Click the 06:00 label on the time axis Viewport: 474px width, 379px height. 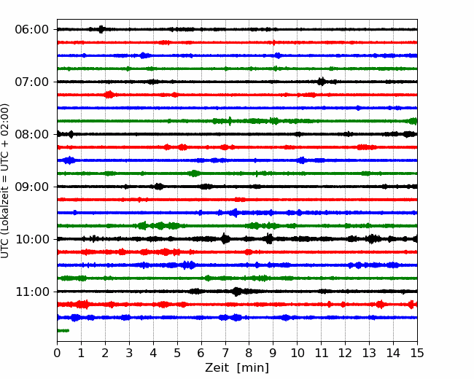[32, 30]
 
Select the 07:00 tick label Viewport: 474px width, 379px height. [32, 82]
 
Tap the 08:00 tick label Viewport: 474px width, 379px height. [32, 134]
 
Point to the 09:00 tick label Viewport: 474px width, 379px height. [32, 187]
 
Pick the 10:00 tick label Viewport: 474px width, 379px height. [32, 239]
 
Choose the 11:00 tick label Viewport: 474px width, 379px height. [32, 292]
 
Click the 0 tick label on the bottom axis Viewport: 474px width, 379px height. [57, 353]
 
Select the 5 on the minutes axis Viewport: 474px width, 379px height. [177, 353]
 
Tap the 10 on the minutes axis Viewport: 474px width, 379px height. [297, 353]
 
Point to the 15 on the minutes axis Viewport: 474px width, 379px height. [417, 353]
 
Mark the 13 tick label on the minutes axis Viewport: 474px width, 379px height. [369, 353]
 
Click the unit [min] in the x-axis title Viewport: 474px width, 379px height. [253, 368]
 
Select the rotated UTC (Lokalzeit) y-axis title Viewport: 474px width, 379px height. [5, 181]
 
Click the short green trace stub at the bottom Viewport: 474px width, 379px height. [63, 331]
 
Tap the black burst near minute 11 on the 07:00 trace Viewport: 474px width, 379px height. [322, 82]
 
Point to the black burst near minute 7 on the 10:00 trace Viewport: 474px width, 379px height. [225, 239]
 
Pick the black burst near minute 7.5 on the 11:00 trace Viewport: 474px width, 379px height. [237, 292]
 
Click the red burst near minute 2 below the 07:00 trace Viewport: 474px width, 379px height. [109, 95]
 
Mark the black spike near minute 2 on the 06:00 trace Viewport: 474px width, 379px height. [101, 29]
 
